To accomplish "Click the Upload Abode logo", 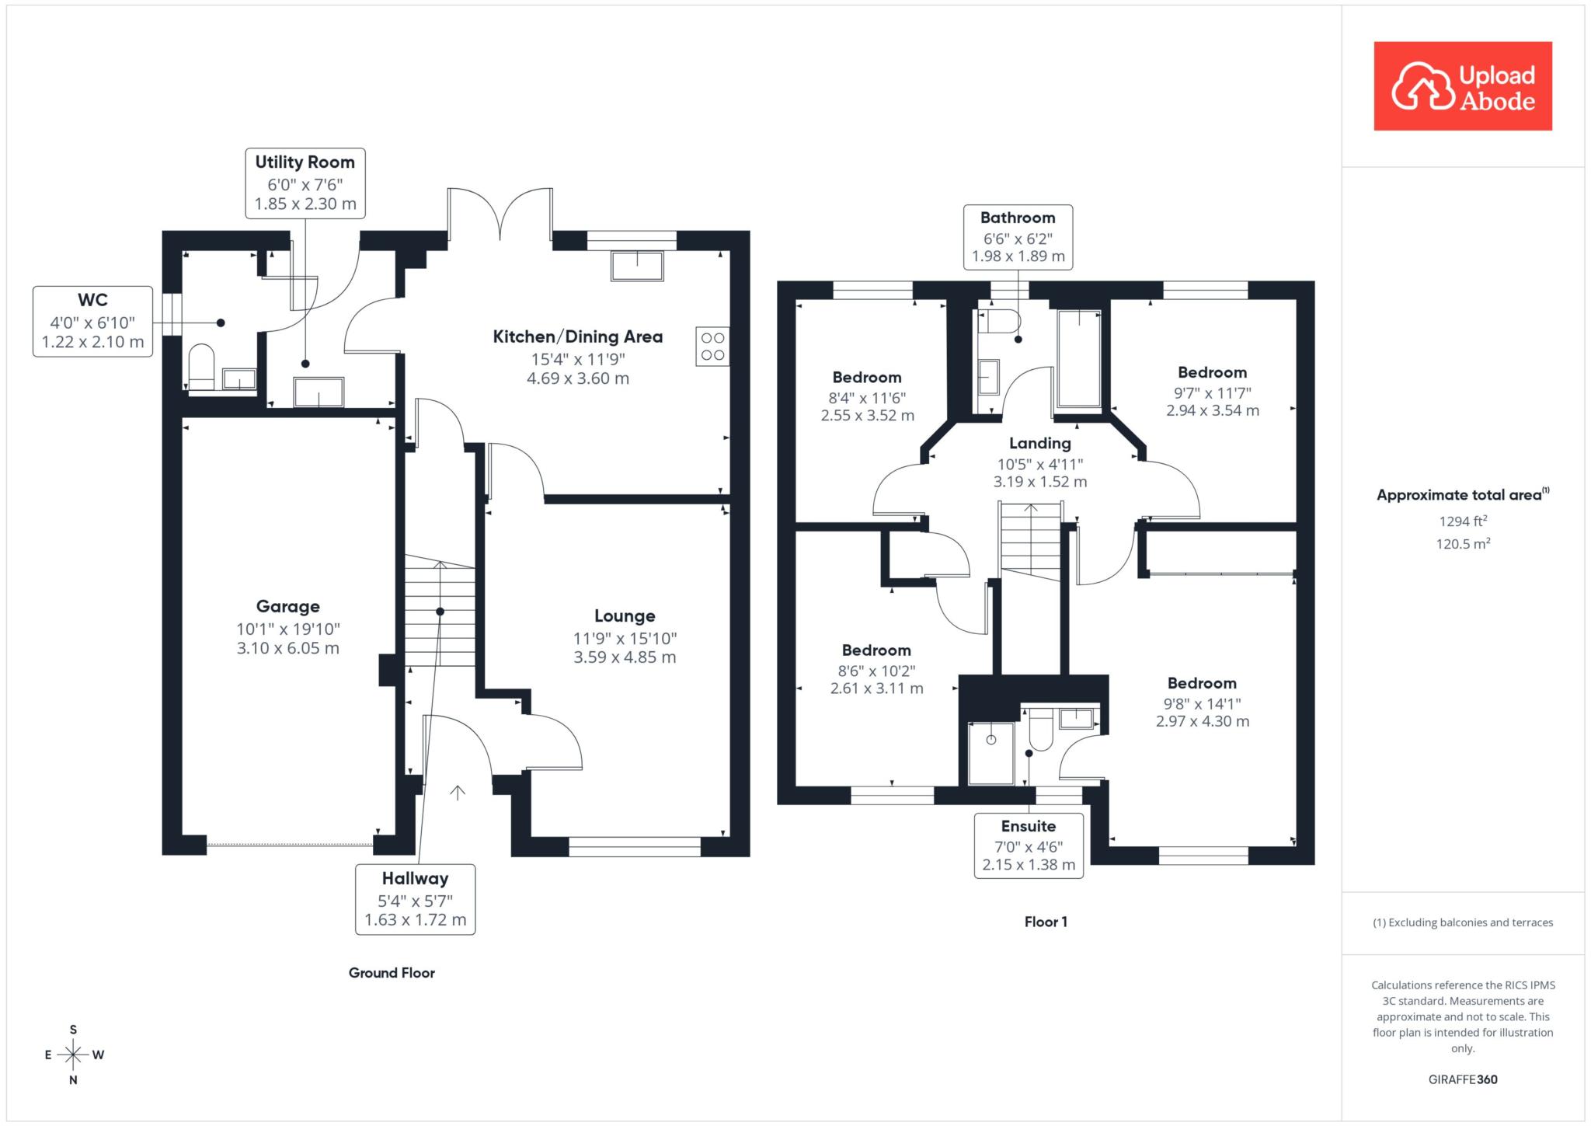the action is coord(1463,85).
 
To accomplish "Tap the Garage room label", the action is coord(288,606).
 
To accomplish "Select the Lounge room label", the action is coord(625,616).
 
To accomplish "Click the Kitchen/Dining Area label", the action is coord(578,336).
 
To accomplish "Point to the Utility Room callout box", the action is coord(305,183).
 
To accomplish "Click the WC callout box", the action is coord(92,322).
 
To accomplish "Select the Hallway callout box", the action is coord(416,899).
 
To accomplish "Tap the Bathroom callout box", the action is coord(1018,237).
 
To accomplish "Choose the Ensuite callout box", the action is coord(1029,845).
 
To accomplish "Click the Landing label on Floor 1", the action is coord(1040,443).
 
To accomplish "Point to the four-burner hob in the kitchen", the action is coord(712,347).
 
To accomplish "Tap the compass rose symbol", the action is coord(74,1055).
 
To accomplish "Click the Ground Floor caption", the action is coord(392,972).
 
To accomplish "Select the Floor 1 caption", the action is coord(1046,922).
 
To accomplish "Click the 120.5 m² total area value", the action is coord(1463,543).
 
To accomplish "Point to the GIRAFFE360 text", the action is coord(1463,1079).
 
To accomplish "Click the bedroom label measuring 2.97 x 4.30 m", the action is coord(1202,683).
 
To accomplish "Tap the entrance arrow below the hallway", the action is coord(458,793).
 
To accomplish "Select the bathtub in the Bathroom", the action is coord(1079,358).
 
